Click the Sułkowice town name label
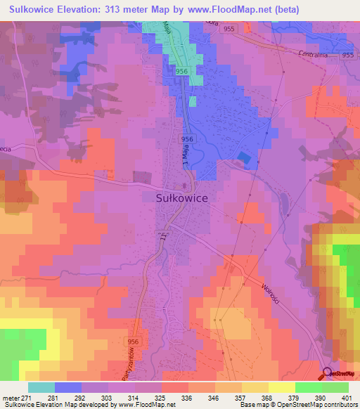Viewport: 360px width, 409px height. pos(181,199)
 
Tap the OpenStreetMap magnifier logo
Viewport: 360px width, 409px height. pos(328,374)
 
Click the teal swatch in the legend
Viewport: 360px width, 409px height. pos(41,387)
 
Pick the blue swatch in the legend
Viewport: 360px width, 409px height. pos(67,387)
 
